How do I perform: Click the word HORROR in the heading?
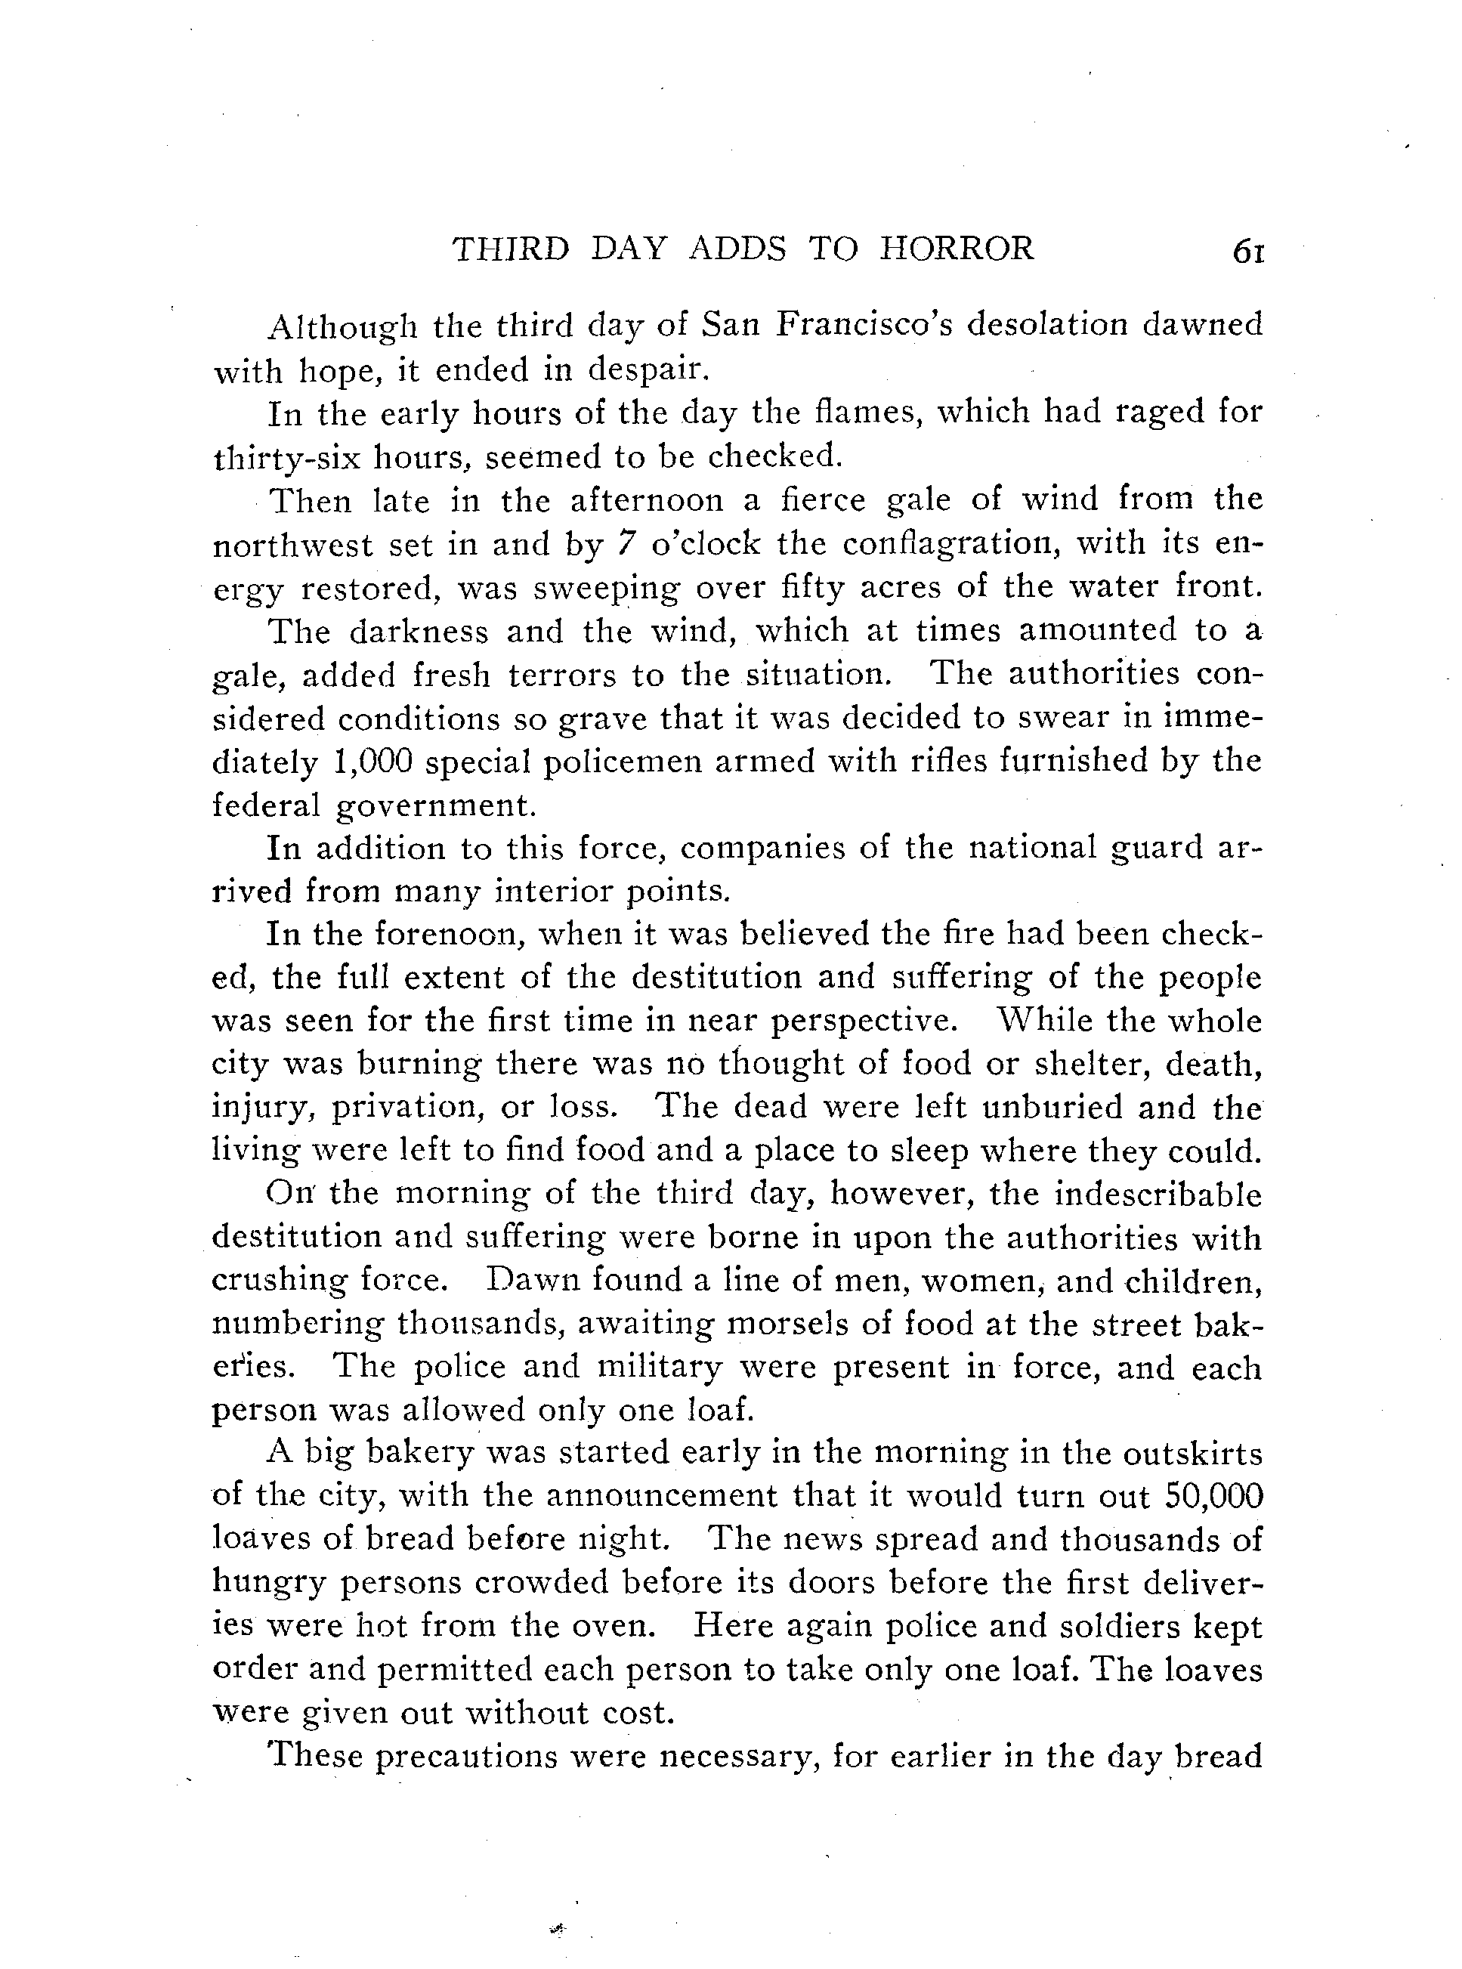pos(957,249)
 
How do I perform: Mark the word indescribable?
pos(1158,1195)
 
